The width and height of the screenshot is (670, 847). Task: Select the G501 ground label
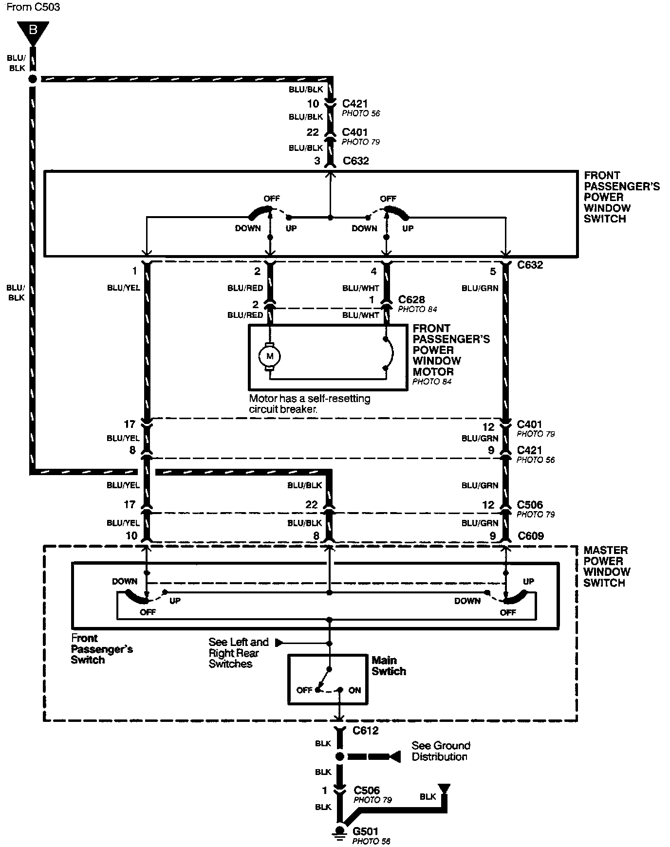(x=366, y=831)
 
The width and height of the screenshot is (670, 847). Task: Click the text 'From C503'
(x=34, y=7)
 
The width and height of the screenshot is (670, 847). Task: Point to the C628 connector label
(x=411, y=299)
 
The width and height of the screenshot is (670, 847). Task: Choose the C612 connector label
(x=366, y=731)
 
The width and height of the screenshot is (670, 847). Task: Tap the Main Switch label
(x=389, y=665)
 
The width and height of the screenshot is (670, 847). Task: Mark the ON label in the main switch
(x=354, y=690)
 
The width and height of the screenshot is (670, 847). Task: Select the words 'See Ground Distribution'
(x=441, y=751)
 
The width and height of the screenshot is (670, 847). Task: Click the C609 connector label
(x=531, y=536)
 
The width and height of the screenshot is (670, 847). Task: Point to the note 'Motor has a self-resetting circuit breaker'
(x=310, y=404)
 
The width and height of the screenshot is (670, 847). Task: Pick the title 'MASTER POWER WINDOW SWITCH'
(x=606, y=566)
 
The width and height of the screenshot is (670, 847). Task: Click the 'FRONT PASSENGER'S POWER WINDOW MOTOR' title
(x=451, y=350)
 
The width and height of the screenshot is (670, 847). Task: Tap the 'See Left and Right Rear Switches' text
(x=239, y=653)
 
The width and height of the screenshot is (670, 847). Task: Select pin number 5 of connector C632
(x=493, y=272)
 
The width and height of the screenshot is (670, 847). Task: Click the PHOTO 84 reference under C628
(x=418, y=309)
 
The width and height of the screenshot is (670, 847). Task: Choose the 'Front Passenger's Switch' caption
(x=102, y=649)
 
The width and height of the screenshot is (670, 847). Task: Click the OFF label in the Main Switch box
(x=304, y=690)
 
